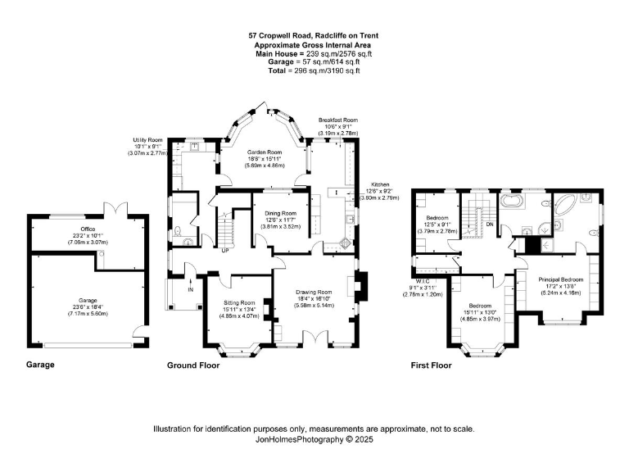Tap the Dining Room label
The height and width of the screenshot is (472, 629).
(280, 213)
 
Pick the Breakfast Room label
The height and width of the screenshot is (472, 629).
(338, 120)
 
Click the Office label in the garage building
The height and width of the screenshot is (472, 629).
(88, 229)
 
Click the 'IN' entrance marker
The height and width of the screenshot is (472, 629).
(190, 289)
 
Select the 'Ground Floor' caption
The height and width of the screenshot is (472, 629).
(193, 365)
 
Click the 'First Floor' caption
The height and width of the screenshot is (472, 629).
(432, 365)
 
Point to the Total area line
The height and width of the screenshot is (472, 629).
(314, 71)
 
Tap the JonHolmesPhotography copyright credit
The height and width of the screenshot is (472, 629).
(314, 440)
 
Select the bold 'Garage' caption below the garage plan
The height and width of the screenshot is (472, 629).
(40, 365)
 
